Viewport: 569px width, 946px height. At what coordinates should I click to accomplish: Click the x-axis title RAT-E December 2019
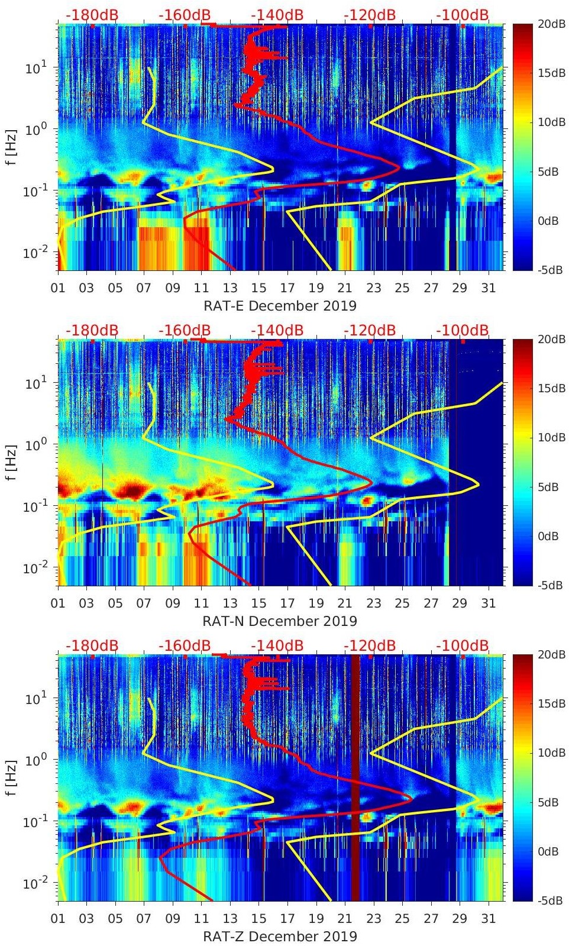280,306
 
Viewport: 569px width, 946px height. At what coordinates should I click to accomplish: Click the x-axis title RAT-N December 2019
280,621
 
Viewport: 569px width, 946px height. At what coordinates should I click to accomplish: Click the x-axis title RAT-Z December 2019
280,937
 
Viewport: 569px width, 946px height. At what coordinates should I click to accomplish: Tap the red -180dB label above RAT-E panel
92,15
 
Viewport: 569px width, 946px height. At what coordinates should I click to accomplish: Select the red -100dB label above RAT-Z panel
463,645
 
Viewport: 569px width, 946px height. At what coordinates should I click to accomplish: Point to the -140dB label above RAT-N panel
277,330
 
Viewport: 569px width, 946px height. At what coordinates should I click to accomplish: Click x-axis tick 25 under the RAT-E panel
402,288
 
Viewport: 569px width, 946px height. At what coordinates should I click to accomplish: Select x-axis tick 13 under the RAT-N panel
230,603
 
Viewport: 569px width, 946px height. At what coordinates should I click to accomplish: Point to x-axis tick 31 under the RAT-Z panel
488,919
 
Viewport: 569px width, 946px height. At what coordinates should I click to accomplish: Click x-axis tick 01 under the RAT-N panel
58,603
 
